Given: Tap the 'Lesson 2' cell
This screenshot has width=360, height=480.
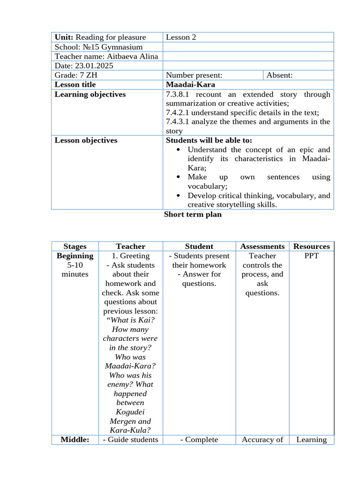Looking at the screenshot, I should pos(181,37).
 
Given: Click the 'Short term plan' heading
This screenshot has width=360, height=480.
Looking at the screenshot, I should pos(193,215).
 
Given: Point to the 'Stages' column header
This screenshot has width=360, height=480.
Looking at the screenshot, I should pos(75,247).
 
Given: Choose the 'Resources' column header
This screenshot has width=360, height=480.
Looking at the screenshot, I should pos(311,247).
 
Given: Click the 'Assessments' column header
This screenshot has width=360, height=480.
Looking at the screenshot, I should pos(262,247).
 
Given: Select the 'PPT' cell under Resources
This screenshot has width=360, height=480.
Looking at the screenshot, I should pos(311,256).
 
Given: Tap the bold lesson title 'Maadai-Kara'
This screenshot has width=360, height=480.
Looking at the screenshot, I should pos(190,84).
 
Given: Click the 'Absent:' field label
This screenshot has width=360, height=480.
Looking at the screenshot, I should pos(279,75).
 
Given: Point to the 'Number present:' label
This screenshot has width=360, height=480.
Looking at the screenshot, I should pos(194,75).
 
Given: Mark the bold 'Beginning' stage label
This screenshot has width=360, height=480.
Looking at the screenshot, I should pos(75,256).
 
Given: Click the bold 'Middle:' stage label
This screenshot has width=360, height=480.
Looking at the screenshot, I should pos(75,440).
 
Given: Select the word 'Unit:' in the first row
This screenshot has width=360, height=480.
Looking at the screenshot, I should pos(64,37).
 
